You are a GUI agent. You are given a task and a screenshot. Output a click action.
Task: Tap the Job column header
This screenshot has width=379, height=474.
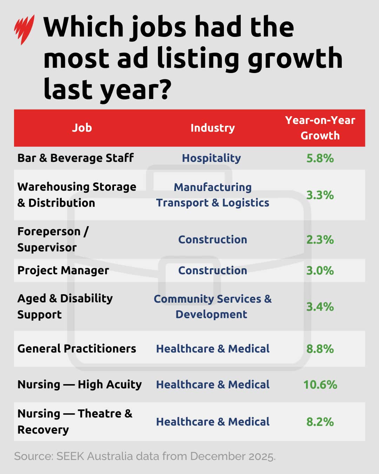pyautogui.click(x=82, y=128)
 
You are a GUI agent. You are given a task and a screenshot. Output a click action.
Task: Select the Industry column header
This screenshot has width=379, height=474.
pyautogui.click(x=212, y=128)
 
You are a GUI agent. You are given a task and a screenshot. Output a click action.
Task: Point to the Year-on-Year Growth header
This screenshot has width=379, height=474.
pyautogui.click(x=320, y=128)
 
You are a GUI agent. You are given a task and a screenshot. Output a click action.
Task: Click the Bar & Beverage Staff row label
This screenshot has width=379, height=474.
pyautogui.click(x=75, y=158)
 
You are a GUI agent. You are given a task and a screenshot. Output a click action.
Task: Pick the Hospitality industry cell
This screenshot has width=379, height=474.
pyautogui.click(x=211, y=158)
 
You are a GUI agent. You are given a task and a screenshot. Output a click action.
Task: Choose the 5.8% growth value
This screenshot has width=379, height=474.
pyautogui.click(x=320, y=158)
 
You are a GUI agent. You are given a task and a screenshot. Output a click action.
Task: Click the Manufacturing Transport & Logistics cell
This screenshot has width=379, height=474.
pyautogui.click(x=212, y=195)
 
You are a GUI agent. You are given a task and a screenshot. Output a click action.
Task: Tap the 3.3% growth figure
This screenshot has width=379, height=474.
pyautogui.click(x=320, y=195)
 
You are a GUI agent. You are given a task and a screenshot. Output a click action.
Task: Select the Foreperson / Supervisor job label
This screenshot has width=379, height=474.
pyautogui.click(x=53, y=239)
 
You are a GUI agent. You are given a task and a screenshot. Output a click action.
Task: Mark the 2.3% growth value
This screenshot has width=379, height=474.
pyautogui.click(x=320, y=239)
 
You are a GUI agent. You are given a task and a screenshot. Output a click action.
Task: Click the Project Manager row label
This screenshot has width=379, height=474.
pyautogui.click(x=63, y=270)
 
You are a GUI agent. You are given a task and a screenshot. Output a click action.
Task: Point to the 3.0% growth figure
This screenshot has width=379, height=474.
pyautogui.click(x=320, y=270)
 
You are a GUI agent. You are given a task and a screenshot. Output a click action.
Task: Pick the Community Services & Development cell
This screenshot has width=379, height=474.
pyautogui.click(x=212, y=306)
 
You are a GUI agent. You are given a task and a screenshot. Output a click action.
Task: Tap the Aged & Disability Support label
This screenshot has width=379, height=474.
pyautogui.click(x=65, y=306)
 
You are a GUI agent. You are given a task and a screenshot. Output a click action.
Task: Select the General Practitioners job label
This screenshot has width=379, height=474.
pyautogui.click(x=77, y=349)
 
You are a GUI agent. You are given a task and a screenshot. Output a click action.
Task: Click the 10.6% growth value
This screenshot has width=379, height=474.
pyautogui.click(x=320, y=384)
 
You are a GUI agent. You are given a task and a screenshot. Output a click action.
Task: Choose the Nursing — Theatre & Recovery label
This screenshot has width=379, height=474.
pyautogui.click(x=75, y=421)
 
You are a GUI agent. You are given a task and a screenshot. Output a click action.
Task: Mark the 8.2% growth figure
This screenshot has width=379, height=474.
pyautogui.click(x=320, y=421)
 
